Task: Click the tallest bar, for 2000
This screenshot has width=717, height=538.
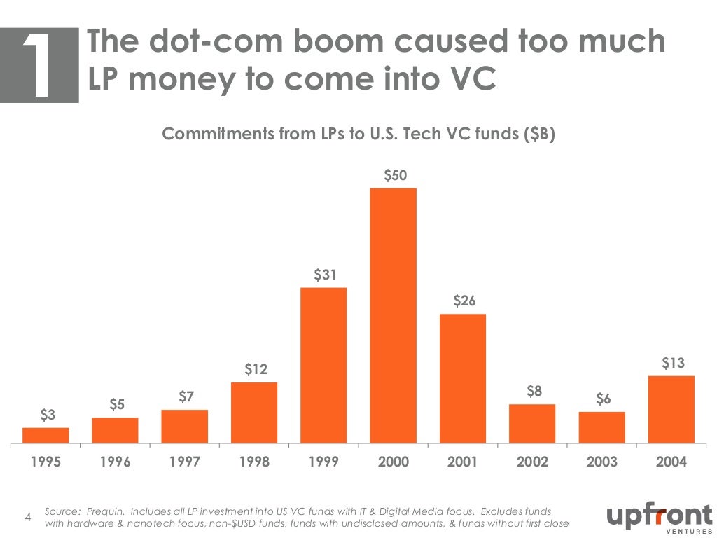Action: tap(393, 315)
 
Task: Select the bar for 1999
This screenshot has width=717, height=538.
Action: tap(323, 365)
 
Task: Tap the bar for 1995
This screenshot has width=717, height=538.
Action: tap(46, 435)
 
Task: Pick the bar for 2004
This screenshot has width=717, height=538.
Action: tap(671, 409)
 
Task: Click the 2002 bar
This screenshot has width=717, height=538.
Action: tap(532, 424)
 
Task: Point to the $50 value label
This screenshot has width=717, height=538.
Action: tap(395, 175)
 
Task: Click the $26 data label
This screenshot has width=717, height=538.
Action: tap(464, 301)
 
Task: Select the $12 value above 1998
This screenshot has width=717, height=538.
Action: tap(256, 369)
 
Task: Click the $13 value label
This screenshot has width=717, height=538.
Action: tap(673, 363)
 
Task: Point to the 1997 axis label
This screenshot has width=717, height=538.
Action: tap(185, 462)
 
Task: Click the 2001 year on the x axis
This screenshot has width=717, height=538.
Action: tap(462, 462)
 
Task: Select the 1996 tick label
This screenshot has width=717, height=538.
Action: tap(116, 462)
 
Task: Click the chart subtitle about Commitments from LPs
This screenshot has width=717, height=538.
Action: tap(358, 134)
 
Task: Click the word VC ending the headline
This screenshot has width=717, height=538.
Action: tap(468, 79)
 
